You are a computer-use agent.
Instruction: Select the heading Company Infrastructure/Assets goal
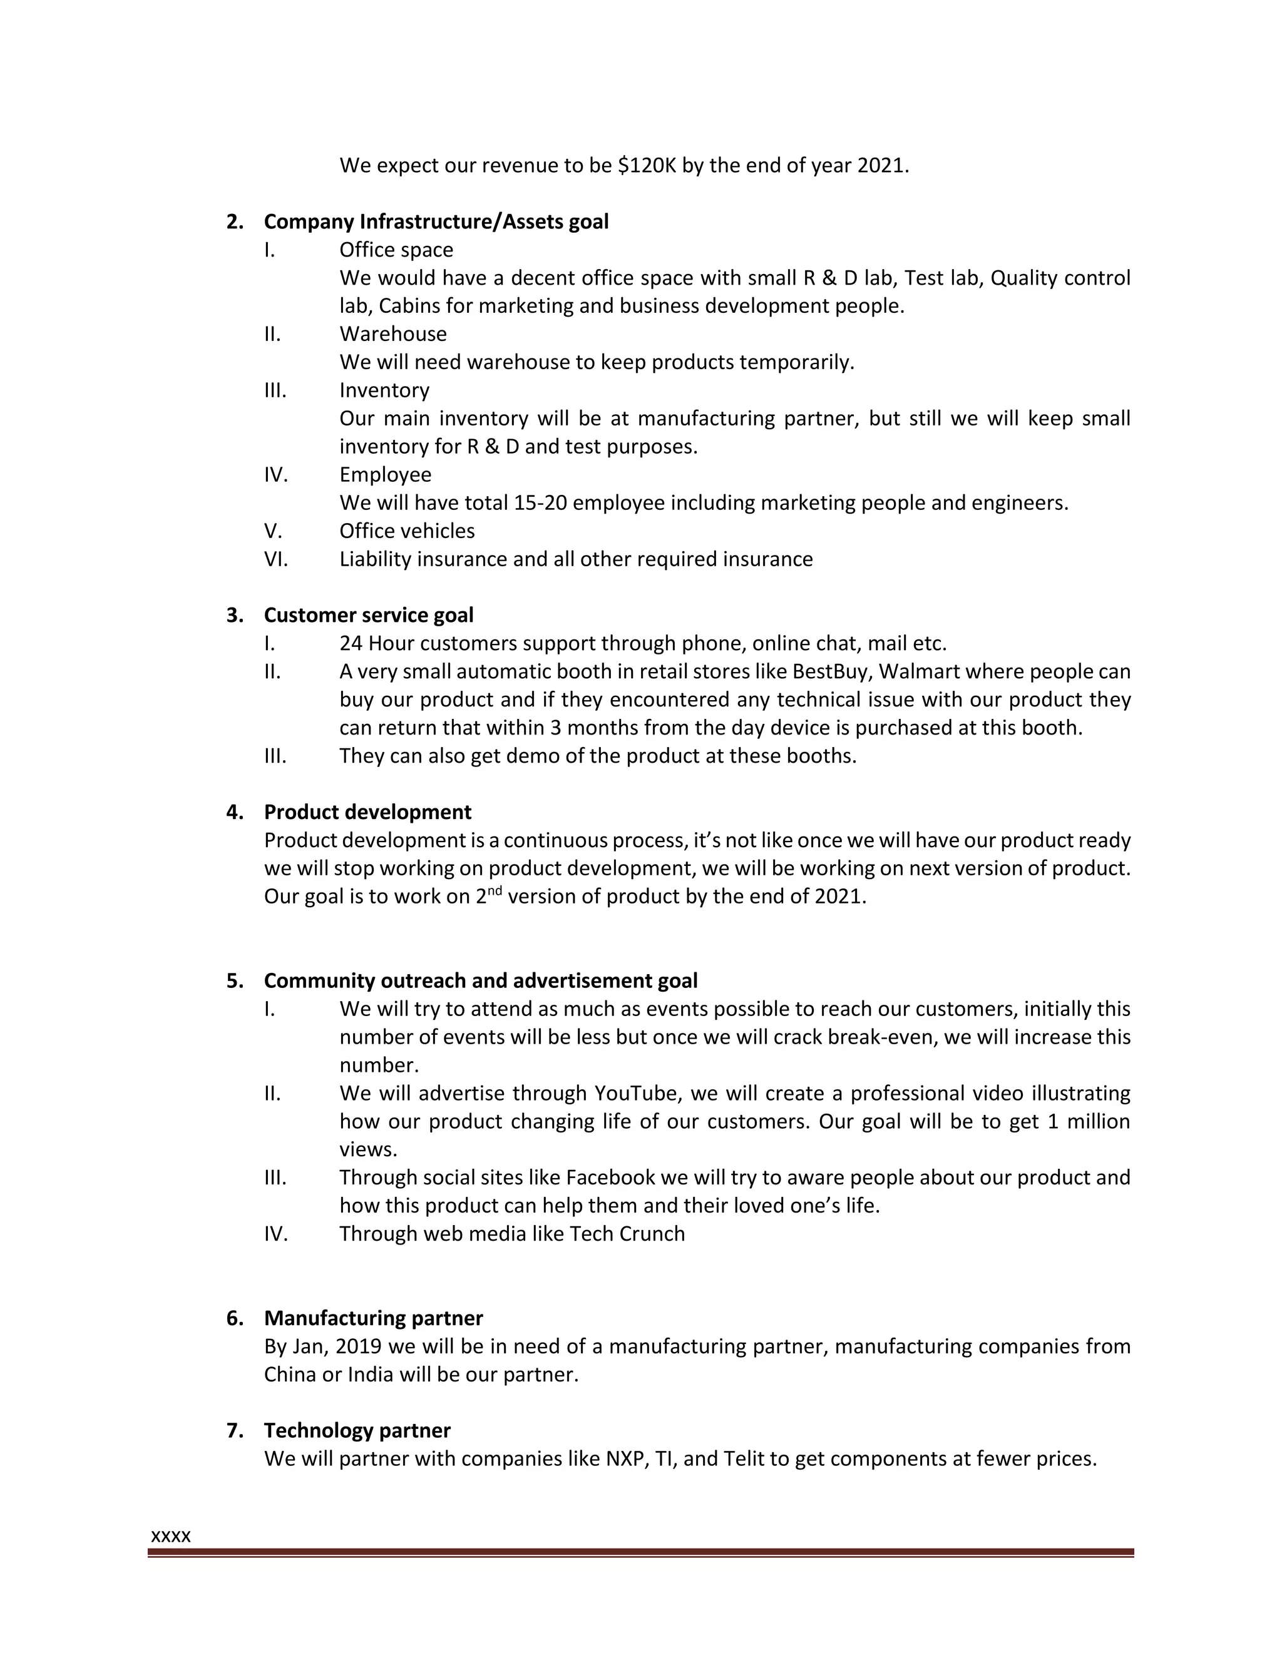(x=436, y=221)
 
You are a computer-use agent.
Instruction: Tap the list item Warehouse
(x=392, y=334)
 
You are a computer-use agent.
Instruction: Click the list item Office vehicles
(x=406, y=531)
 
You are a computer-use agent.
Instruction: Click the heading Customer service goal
(x=368, y=615)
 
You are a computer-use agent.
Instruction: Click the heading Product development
(x=367, y=812)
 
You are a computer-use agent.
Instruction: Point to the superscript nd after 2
(x=494, y=891)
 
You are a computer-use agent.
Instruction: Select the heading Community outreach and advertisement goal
(x=480, y=981)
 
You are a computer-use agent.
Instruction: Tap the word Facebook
(x=610, y=1177)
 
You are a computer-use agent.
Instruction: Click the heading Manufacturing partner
(x=373, y=1318)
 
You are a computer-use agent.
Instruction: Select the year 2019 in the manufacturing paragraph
(x=359, y=1346)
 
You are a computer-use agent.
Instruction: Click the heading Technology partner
(x=357, y=1430)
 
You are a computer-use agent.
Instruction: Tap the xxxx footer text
(x=171, y=1537)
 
